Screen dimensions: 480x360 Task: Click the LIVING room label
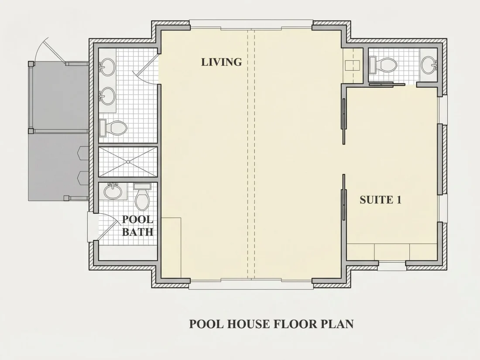click(x=221, y=62)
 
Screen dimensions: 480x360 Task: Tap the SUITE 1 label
click(x=381, y=200)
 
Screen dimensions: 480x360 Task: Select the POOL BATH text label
click(x=137, y=226)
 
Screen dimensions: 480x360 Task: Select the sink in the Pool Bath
click(x=113, y=191)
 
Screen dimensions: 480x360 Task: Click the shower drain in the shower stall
click(x=128, y=161)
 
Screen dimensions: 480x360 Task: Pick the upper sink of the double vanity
click(x=107, y=67)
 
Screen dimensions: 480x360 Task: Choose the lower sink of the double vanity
click(x=107, y=96)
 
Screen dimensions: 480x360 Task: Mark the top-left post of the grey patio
click(x=31, y=64)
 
